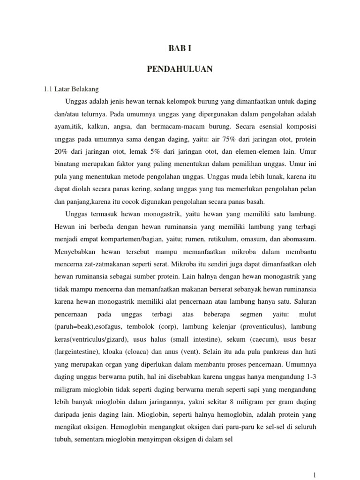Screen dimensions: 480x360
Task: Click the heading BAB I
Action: [x=180, y=48]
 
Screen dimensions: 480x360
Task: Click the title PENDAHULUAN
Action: [x=180, y=69]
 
